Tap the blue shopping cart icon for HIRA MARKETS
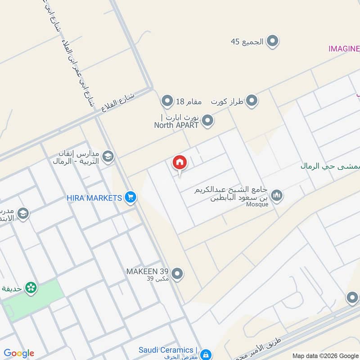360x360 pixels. point(130,198)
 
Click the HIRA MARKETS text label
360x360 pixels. point(94,198)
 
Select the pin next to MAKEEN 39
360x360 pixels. point(178,273)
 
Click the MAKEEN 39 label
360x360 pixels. point(147,271)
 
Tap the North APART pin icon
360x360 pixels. point(207,121)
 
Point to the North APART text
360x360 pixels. point(176,126)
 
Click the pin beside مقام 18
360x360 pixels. point(167,101)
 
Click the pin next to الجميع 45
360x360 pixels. point(272,42)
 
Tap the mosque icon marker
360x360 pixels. point(277,195)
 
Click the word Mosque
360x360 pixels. point(257,204)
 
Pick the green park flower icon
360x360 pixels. point(31,287)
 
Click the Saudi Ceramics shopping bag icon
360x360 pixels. point(206,354)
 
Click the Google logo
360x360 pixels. point(19,353)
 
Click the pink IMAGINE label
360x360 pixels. point(344,49)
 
